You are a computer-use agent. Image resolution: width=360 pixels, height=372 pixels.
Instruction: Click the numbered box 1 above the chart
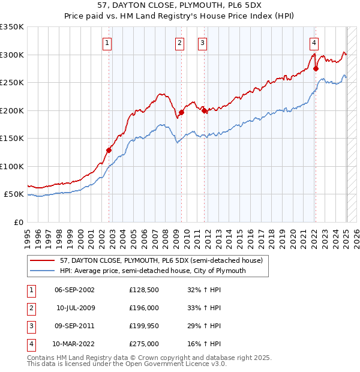[107, 43]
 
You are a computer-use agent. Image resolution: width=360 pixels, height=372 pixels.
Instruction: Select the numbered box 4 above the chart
[314, 43]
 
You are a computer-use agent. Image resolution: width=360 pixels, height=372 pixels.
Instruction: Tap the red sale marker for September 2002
[109, 150]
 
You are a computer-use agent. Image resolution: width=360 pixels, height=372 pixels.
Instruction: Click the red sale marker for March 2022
[316, 68]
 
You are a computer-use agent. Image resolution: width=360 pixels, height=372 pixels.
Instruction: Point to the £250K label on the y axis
[12, 83]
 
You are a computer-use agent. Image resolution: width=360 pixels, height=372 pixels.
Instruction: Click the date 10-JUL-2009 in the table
[75, 308]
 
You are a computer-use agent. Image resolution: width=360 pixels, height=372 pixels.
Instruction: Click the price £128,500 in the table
[144, 290]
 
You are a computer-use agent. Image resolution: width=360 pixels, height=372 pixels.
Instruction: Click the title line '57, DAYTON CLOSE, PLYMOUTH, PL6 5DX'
[180, 6]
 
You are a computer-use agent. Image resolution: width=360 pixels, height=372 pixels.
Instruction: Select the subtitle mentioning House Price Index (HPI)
[180, 17]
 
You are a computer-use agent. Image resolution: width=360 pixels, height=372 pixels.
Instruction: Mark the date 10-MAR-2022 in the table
[75, 344]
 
